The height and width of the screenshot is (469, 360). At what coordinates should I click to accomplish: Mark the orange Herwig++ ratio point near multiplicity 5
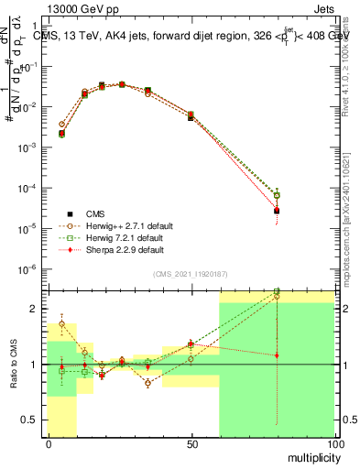62,323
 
